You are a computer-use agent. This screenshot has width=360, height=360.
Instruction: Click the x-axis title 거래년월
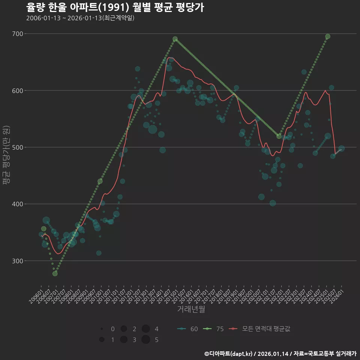pos(191,309)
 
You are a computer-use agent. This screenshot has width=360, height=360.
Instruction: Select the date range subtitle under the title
pos(80,18)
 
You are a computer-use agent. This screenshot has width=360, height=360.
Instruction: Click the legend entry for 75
pos(213,329)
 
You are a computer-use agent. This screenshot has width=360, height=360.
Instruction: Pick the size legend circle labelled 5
pos(146,340)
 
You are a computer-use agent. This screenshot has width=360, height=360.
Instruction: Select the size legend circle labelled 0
pos(102,329)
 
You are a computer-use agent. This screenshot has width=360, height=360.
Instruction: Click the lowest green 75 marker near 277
pos(55,274)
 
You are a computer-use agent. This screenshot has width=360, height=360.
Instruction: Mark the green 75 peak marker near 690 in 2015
pos(175,39)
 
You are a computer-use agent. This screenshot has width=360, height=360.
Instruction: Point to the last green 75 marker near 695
pos(328,36)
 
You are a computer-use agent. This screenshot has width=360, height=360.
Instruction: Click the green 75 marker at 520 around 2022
pos(279,136)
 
